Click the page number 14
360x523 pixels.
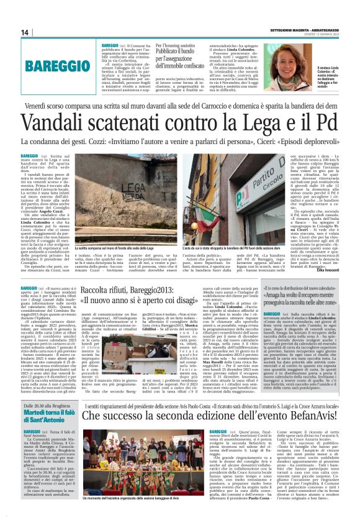coord(25,32)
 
